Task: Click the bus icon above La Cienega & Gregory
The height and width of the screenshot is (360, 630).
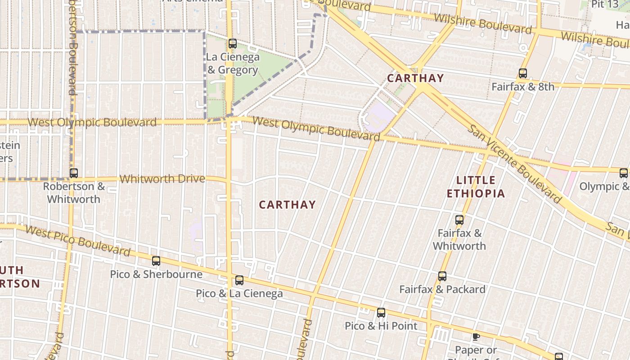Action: tap(233, 44)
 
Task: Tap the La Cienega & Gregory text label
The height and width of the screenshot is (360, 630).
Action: tap(233, 63)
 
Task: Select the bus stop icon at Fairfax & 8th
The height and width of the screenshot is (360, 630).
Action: tap(522, 73)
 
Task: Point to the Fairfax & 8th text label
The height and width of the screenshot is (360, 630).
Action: tap(522, 86)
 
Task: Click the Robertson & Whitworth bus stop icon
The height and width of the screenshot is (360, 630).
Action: tap(74, 173)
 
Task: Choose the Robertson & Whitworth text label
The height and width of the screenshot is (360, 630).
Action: tap(74, 193)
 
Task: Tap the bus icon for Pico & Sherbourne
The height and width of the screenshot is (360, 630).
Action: tap(156, 261)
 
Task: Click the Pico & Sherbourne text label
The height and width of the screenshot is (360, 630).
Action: tap(156, 274)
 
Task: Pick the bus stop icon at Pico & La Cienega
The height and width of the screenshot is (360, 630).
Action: tap(239, 280)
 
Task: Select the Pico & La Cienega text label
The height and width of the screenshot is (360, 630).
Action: tap(239, 294)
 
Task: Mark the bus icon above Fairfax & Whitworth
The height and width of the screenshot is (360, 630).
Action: tap(459, 220)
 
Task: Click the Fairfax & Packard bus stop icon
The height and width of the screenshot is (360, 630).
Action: tap(442, 276)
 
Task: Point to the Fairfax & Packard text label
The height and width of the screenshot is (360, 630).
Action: tap(442, 289)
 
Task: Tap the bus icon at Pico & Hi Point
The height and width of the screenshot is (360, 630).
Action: tap(381, 312)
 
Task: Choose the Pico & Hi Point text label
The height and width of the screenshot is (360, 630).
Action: tap(381, 326)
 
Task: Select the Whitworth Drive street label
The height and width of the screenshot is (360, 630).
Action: tap(162, 179)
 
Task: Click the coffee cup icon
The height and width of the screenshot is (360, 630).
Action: tap(476, 336)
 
